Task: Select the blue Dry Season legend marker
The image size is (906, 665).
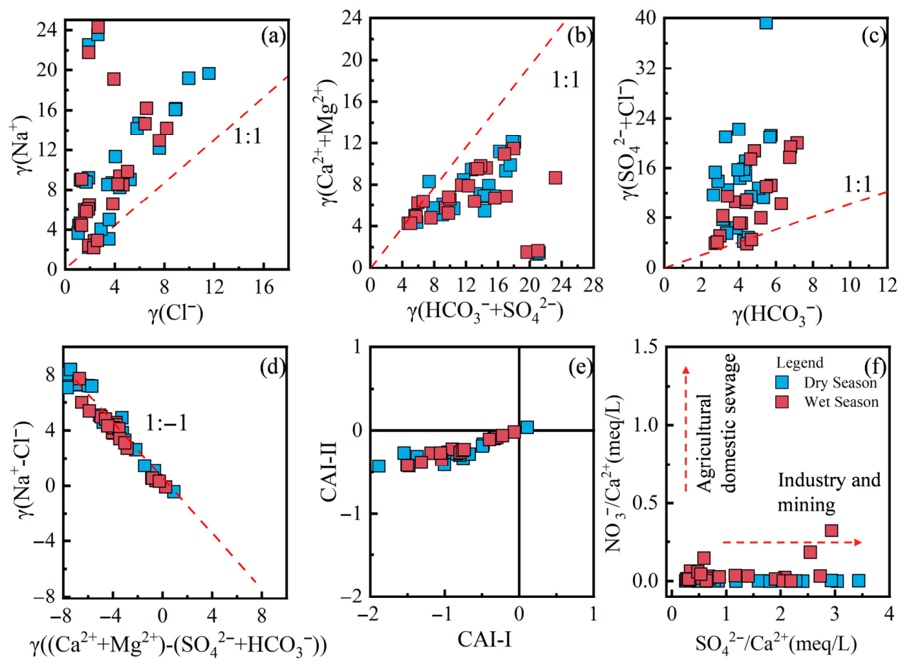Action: [784, 382]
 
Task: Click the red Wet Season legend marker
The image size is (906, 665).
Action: [784, 402]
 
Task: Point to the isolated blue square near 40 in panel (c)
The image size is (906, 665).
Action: [766, 23]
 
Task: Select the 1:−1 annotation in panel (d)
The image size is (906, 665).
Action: [167, 424]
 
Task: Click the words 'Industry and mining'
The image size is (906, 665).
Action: [829, 493]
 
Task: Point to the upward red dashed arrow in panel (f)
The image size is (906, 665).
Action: [685, 429]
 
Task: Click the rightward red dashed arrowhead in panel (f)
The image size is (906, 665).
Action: [858, 542]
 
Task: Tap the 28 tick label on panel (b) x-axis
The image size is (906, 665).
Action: [593, 286]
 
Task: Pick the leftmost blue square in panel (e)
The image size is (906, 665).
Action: [378, 466]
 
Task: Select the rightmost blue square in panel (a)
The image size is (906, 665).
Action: [209, 73]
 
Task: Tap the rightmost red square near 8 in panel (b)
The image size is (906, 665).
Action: [555, 177]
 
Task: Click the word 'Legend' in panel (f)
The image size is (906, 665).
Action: [800, 363]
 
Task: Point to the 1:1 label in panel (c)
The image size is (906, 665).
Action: [857, 185]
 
